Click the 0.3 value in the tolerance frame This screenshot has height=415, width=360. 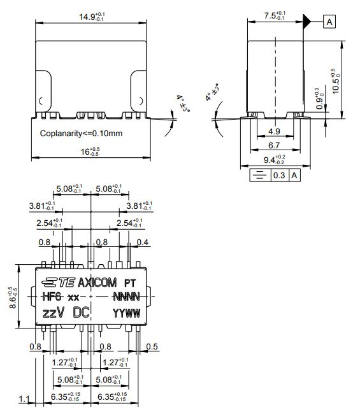point(279,175)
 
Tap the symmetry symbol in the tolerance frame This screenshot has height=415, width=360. point(259,175)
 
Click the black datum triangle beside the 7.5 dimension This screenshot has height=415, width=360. point(308,22)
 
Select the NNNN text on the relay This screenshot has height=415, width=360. point(126,297)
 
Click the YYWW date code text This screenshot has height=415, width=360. point(126,313)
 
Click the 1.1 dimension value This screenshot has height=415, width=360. point(24,399)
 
